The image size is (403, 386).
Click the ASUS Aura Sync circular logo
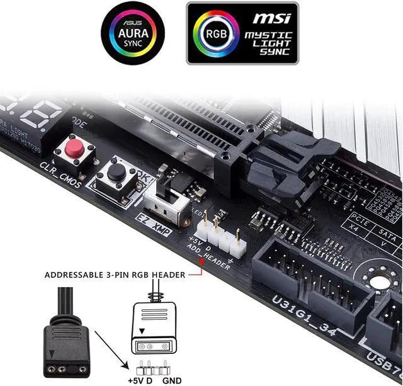tap(133, 33)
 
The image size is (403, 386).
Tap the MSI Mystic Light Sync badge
tap(242, 33)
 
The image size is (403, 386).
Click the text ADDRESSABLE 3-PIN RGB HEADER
tap(115, 275)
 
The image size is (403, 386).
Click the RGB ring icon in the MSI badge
tap(212, 33)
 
